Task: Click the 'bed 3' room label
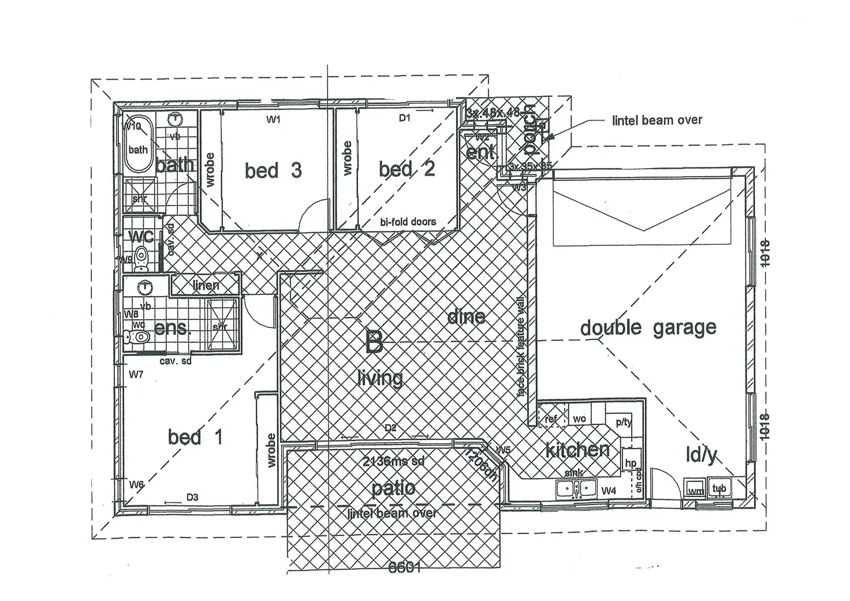pyautogui.click(x=273, y=170)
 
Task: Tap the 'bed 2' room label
pyautogui.click(x=407, y=169)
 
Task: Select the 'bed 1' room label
pyautogui.click(x=195, y=437)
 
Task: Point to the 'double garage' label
pyautogui.click(x=648, y=328)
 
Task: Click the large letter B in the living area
pyautogui.click(x=374, y=342)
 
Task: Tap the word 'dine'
pyautogui.click(x=466, y=316)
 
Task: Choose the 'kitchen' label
pyautogui.click(x=577, y=450)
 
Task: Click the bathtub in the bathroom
pyautogui.click(x=138, y=145)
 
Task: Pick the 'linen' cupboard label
pyautogui.click(x=206, y=285)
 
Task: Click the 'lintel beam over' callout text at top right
pyautogui.click(x=657, y=120)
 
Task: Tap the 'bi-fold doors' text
pyautogui.click(x=408, y=222)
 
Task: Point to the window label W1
pyautogui.click(x=273, y=120)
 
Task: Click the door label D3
pyautogui.click(x=192, y=497)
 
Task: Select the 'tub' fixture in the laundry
pyautogui.click(x=719, y=488)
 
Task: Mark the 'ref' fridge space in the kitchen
pyautogui.click(x=551, y=419)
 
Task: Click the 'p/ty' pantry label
pyautogui.click(x=624, y=422)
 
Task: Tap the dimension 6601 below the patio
pyautogui.click(x=404, y=568)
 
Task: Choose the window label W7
pyautogui.click(x=136, y=375)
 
